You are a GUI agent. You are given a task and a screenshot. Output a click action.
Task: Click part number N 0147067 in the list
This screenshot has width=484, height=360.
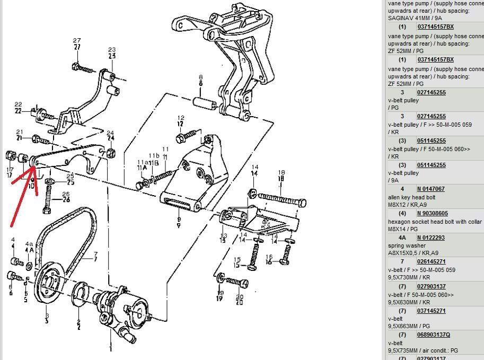(430, 189)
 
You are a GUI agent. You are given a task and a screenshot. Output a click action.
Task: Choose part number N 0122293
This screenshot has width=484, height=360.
(430, 238)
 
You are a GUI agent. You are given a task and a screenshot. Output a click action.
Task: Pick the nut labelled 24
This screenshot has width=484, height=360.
(110, 153)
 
